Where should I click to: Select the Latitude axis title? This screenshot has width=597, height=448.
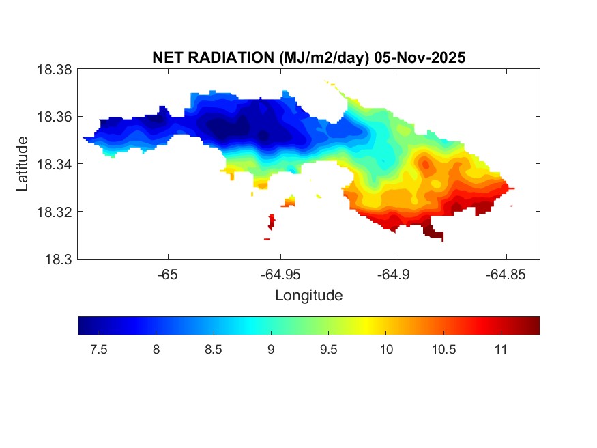click(x=23, y=164)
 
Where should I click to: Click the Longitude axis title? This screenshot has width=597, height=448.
click(x=308, y=296)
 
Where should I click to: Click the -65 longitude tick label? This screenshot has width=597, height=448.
click(x=168, y=275)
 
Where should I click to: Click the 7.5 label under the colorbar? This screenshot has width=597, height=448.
click(x=99, y=350)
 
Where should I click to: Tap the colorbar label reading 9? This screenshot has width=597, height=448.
click(x=271, y=350)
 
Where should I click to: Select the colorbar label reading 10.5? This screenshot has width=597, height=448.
click(x=443, y=350)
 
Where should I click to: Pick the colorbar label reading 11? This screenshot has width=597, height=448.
click(x=500, y=350)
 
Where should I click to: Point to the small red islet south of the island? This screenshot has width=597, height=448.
click(x=272, y=221)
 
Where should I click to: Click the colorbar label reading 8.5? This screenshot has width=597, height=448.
click(x=214, y=350)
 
